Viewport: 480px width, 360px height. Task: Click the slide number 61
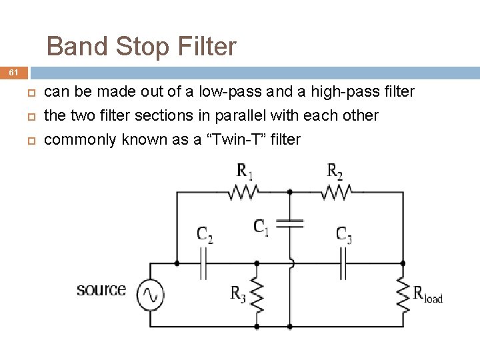[14, 72]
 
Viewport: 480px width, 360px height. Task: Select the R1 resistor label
[245, 171]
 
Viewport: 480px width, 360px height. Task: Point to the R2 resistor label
[335, 171]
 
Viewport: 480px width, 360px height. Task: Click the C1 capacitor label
[262, 227]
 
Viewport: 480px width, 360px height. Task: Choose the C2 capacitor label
[205, 234]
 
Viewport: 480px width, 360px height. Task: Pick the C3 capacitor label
[344, 234]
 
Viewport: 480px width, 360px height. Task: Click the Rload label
[427, 293]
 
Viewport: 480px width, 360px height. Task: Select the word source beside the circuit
[101, 289]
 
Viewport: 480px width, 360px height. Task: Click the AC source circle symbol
[150, 294]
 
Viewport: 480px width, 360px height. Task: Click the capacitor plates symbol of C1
[290, 222]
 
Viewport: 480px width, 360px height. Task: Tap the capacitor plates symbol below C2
[205, 263]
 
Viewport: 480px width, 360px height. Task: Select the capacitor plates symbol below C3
[343, 263]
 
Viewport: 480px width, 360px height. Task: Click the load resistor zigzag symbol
[403, 295]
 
